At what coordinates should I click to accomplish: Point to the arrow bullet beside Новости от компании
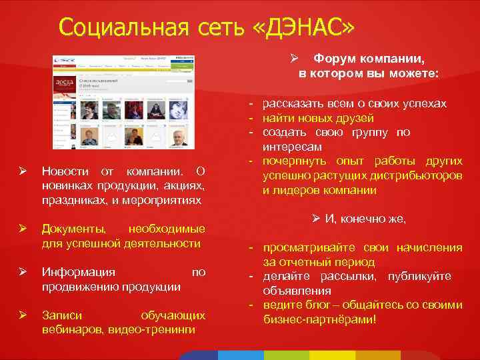[x=23, y=173]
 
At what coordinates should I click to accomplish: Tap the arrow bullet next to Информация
[x=23, y=273]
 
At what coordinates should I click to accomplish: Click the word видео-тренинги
[x=151, y=329]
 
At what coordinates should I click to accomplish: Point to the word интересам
[x=292, y=146]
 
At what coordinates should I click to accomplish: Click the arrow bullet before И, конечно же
[x=318, y=219]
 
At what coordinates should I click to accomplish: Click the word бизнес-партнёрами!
[x=320, y=319]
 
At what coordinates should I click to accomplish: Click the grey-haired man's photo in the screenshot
[x=178, y=137]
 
